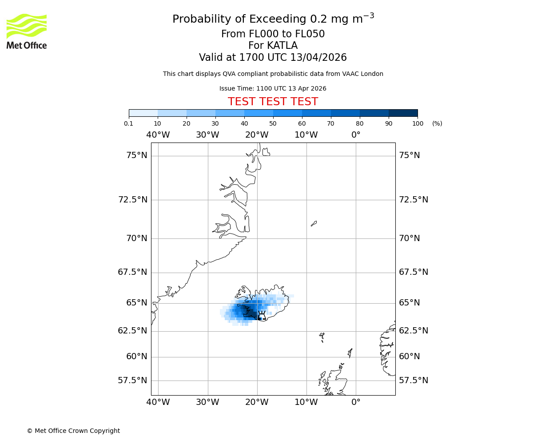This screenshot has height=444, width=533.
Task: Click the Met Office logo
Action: pos(27,31)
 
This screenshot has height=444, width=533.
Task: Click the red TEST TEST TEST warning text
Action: pos(273,102)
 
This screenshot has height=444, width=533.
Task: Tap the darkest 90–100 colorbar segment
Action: pos(403,113)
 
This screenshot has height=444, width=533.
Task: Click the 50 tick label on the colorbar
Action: pos(273,123)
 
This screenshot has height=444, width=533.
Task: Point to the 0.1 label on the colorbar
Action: pos(129,123)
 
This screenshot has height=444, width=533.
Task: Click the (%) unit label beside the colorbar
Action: pos(437,123)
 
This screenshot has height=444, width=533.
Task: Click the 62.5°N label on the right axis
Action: pos(414,331)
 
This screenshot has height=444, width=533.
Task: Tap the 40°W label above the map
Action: pos(158,135)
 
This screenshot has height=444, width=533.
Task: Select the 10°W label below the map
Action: pos(306,402)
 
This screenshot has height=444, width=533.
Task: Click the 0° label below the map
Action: pos(356,402)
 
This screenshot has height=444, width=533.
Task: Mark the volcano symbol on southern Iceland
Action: pos(262,316)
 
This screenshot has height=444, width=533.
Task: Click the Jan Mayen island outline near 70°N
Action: pos(314,223)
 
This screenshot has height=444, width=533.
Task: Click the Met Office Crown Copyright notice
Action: pos(73,431)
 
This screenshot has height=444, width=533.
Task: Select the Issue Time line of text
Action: pos(273,88)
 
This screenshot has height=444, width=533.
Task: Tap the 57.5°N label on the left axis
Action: pos(132,381)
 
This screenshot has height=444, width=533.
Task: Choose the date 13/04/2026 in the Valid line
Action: pos(318,58)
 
